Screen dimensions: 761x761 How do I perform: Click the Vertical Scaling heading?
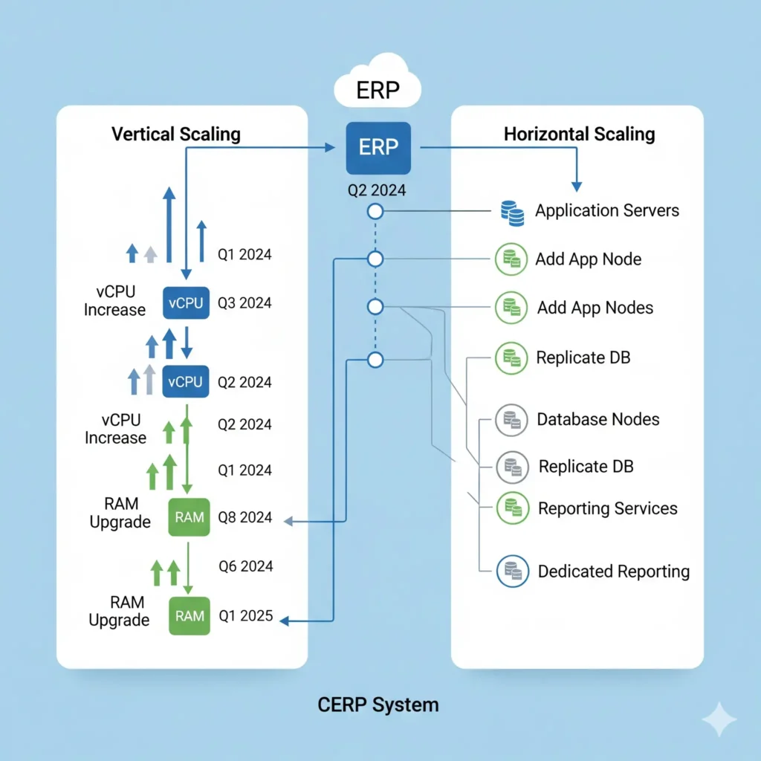176,135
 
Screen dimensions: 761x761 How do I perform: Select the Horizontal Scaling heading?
580,135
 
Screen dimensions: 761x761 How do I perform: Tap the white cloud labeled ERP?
378,90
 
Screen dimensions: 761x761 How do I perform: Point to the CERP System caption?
378,704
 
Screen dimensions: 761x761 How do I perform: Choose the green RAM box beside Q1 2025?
190,615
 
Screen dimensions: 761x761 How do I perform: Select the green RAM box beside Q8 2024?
190,516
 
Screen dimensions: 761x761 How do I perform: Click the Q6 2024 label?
245,566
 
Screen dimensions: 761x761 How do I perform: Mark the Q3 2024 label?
245,303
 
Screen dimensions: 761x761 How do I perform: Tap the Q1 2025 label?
245,616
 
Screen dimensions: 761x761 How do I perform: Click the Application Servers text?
607,211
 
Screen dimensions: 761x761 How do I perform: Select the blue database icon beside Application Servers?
511,213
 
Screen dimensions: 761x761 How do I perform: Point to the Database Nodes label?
598,419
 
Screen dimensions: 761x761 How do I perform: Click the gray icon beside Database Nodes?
511,421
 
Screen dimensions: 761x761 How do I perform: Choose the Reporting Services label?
607,509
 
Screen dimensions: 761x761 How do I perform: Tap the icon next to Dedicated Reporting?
511,570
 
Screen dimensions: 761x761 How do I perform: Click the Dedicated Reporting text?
613,571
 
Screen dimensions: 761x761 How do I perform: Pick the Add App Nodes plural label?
595,308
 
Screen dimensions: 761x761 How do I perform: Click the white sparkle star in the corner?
719,719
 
